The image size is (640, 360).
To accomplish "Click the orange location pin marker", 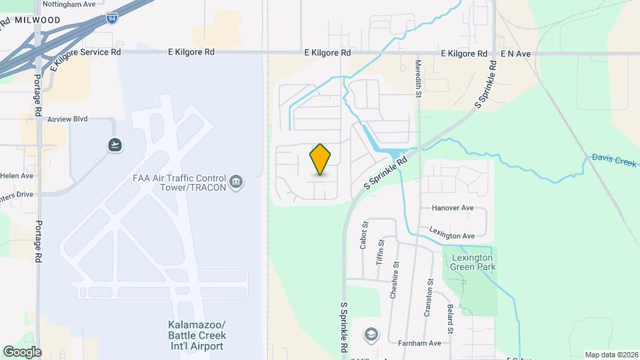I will pyautogui.click(x=321, y=160).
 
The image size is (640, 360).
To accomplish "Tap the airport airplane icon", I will pyautogui.click(x=115, y=145).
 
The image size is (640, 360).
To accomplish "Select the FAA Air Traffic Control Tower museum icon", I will pyautogui.click(x=235, y=182).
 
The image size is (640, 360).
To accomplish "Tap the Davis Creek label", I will pyautogui.click(x=613, y=161).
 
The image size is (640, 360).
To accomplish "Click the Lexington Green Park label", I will pyautogui.click(x=472, y=262).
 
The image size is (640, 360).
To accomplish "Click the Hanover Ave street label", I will pyautogui.click(x=452, y=208).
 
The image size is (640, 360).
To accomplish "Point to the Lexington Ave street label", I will pyautogui.click(x=451, y=235).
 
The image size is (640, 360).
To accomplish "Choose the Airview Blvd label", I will pyautogui.click(x=67, y=119).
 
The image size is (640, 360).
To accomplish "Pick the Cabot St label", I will pyautogui.click(x=364, y=235).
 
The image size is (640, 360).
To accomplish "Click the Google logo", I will pyautogui.click(x=22, y=351).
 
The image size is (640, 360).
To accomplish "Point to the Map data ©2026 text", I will pyautogui.click(x=611, y=355).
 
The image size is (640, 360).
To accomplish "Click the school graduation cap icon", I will pyautogui.click(x=371, y=334).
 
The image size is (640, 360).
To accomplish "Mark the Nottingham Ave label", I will pyautogui.click(x=69, y=4).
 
